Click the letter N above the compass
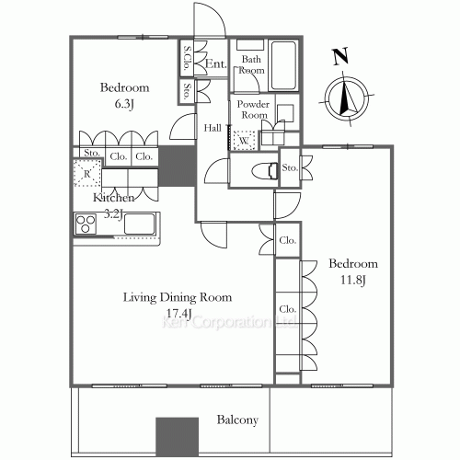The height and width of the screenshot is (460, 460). point(340,57)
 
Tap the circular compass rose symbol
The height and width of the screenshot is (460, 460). point(347,98)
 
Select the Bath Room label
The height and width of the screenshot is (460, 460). point(252,63)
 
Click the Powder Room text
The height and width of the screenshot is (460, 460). point(254,109)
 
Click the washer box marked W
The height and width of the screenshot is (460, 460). point(245,140)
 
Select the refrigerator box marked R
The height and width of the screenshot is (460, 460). point(85,173)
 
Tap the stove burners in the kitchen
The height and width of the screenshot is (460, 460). point(86,223)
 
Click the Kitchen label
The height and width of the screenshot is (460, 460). point(112,198)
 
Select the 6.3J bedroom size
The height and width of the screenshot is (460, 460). point(124,104)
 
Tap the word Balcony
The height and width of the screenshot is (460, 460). point(236,420)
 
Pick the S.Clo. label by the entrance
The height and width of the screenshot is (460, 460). point(188,59)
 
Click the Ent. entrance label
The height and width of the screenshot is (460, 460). point(215,63)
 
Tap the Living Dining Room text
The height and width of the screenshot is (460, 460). point(178,297)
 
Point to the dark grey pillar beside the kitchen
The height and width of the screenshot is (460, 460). point(174,167)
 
